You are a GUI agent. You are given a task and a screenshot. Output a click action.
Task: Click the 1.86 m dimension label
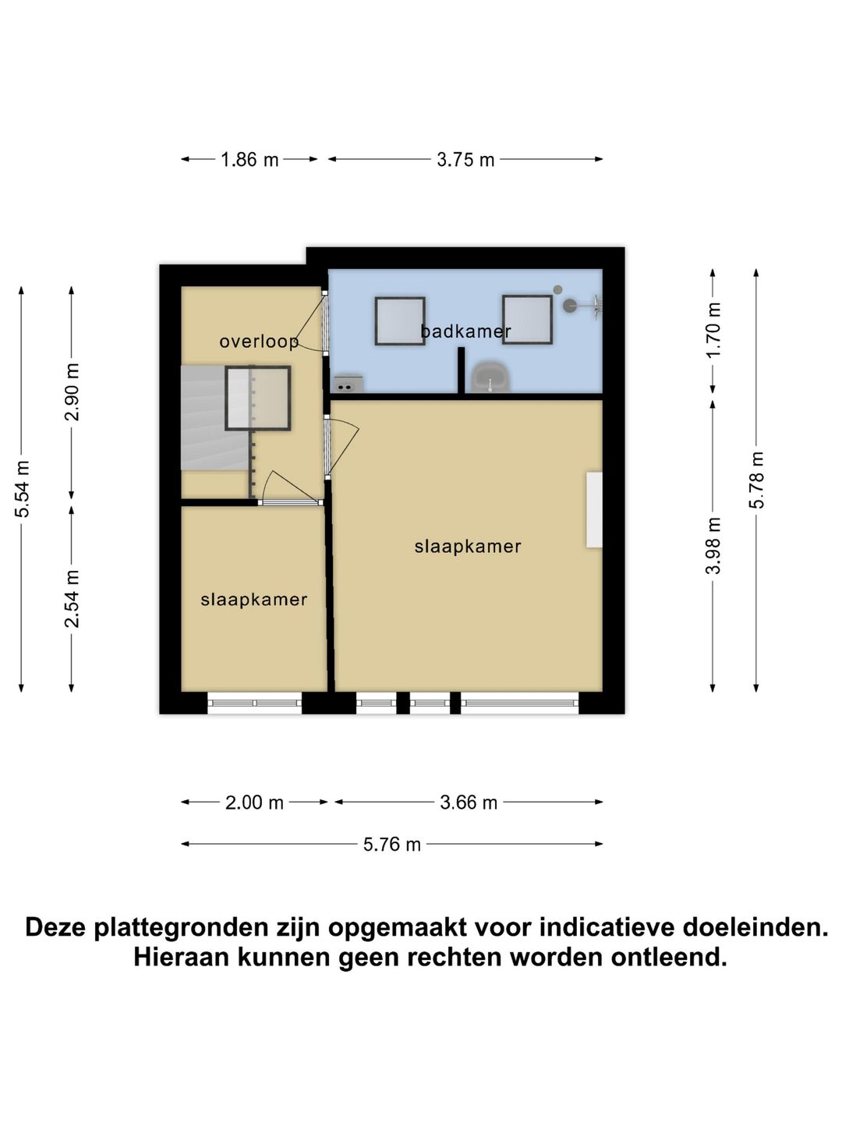[249, 160]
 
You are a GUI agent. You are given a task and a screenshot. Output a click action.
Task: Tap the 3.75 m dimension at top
[465, 160]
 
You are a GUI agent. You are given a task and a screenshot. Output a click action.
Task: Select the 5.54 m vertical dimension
[23, 489]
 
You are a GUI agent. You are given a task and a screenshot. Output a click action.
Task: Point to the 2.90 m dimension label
[73, 392]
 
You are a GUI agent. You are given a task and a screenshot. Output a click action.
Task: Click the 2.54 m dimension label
[73, 599]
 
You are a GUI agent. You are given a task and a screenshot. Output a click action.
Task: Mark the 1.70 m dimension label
[713, 330]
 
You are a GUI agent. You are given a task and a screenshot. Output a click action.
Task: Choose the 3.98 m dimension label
[713, 546]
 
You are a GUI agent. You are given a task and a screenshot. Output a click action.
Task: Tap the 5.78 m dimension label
[757, 480]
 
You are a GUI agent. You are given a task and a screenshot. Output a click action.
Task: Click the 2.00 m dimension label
[254, 802]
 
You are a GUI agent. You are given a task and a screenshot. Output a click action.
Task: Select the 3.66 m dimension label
[469, 802]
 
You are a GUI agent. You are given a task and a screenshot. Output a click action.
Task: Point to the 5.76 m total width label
[391, 845]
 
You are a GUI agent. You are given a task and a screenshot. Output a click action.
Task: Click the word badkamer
[465, 331]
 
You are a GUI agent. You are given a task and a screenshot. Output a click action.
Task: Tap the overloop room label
[259, 342]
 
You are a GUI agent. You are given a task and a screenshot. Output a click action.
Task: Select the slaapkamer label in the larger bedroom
[468, 547]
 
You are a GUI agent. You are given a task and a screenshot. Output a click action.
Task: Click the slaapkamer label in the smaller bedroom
[254, 600]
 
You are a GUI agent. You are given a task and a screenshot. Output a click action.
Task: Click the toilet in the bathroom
[490, 377]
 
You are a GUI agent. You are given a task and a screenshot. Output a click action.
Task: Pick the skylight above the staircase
[258, 399]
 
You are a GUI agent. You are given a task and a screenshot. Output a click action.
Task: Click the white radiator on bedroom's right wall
[594, 509]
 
